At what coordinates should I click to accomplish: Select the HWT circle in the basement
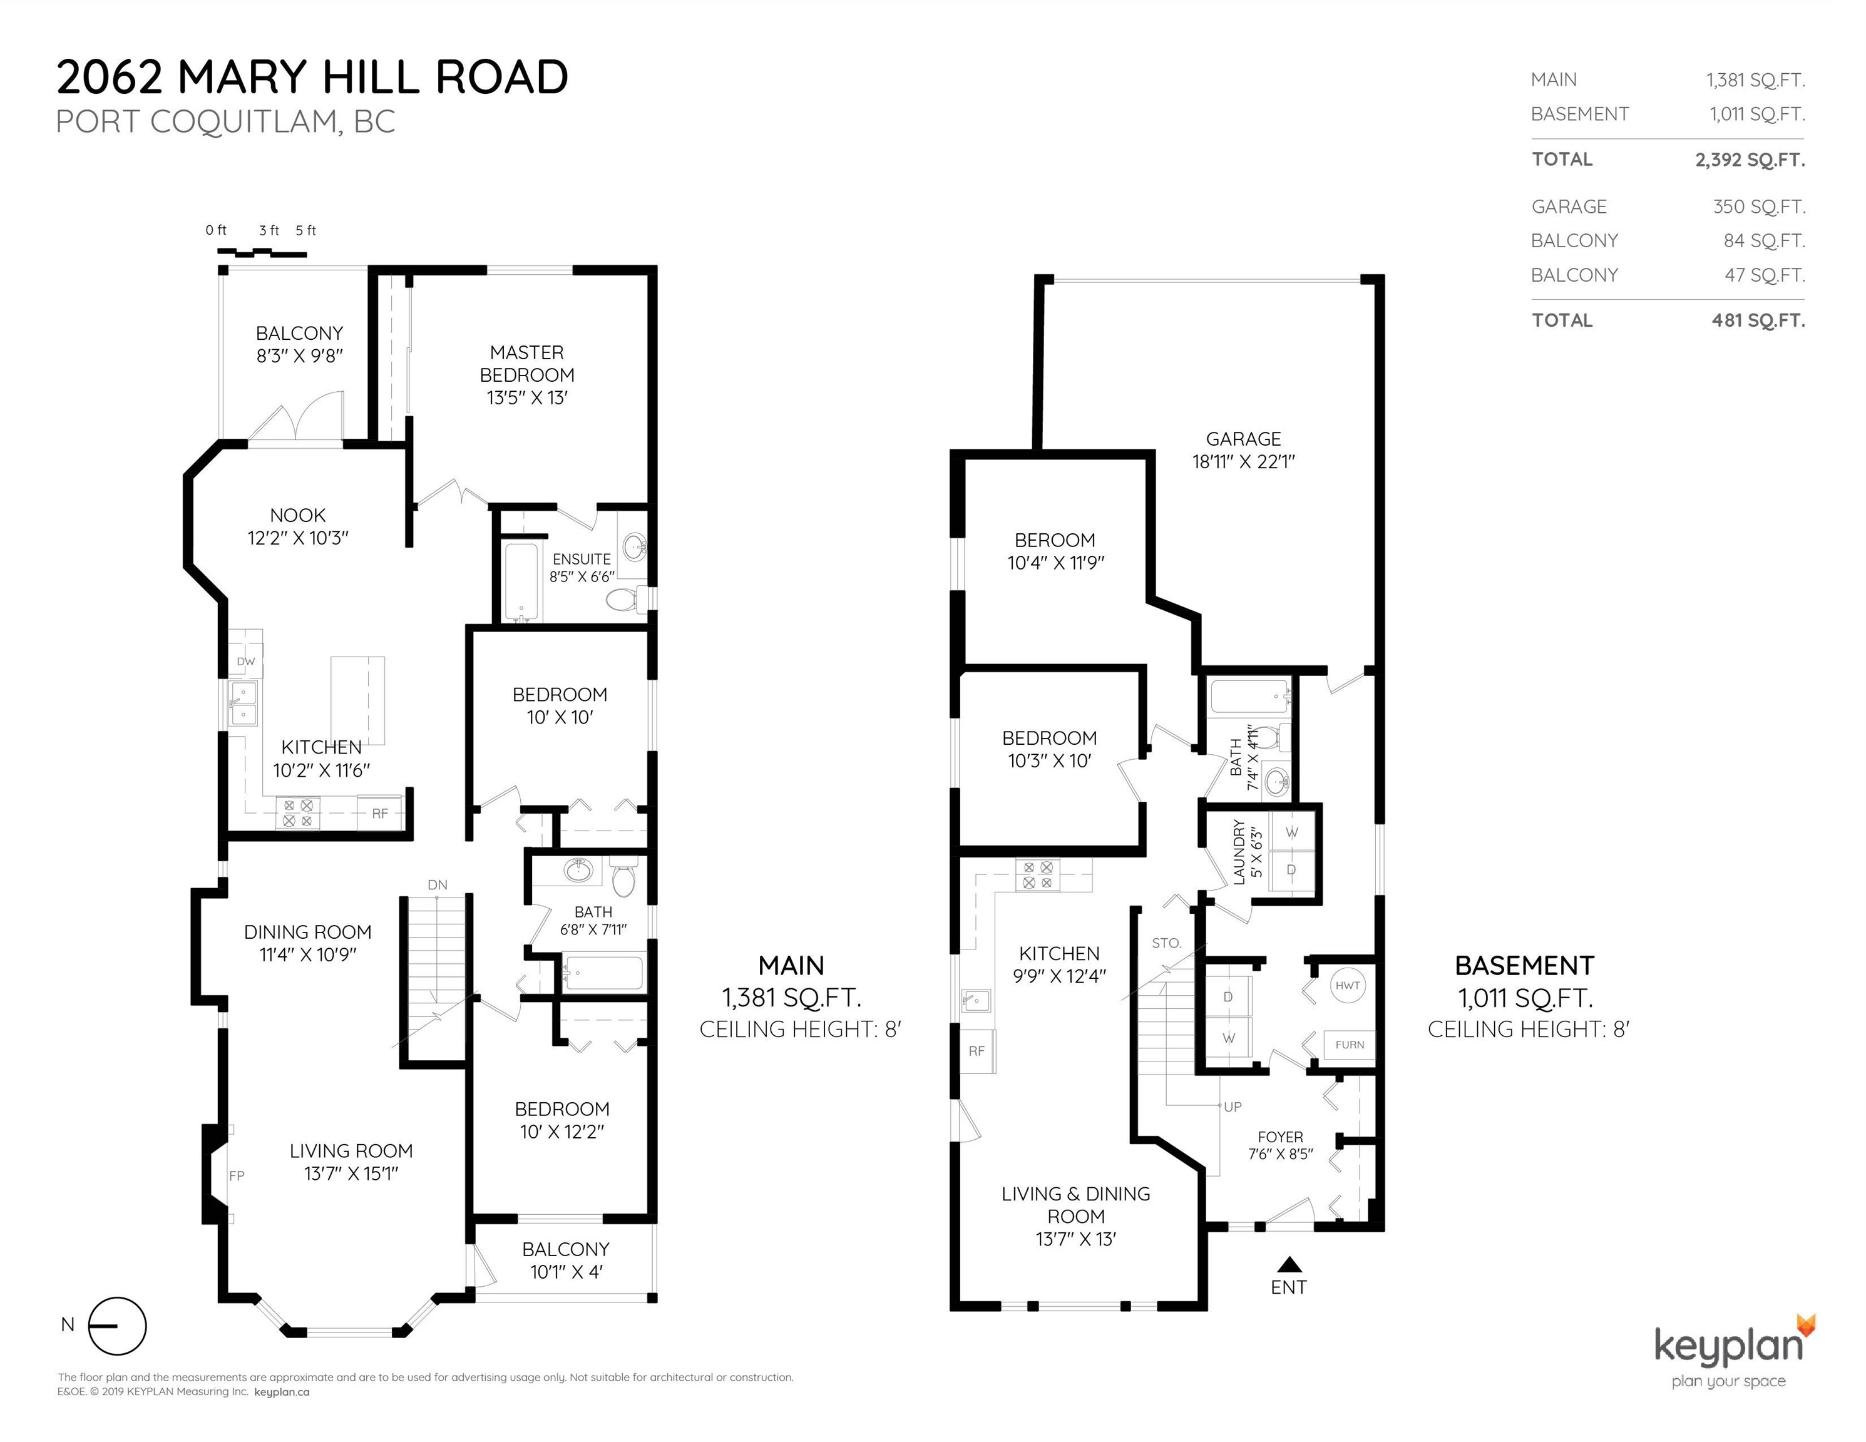click(x=1347, y=985)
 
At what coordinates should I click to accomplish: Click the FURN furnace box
click(x=1350, y=1045)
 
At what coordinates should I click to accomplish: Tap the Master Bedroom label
click(x=527, y=364)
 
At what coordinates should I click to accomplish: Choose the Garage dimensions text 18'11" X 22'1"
click(x=1244, y=462)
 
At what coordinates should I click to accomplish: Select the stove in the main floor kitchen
click(x=297, y=813)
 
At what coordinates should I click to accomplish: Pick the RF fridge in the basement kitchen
click(x=977, y=1051)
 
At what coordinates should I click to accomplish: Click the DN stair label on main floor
click(x=438, y=885)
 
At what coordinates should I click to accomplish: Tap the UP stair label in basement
click(x=1233, y=1107)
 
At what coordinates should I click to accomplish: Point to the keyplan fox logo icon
click(x=1806, y=1325)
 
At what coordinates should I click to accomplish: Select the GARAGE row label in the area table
click(x=1569, y=207)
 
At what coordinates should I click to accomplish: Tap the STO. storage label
click(x=1166, y=943)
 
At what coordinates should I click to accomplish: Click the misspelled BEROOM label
click(x=1055, y=540)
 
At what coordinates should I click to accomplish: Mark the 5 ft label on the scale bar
click(x=306, y=231)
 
